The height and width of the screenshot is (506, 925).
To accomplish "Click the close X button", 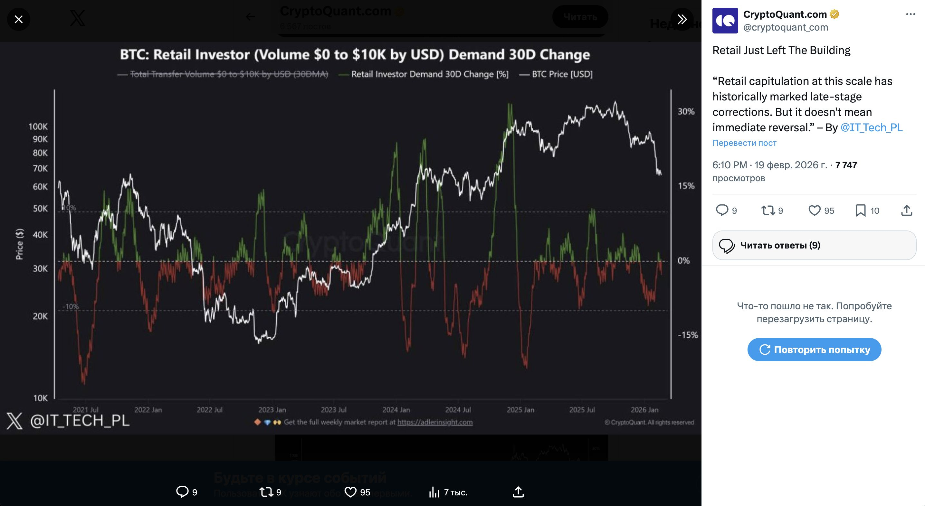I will coord(19,19).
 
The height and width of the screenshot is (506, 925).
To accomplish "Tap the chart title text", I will coord(355,54).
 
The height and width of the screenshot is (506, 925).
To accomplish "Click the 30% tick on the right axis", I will coord(686,112).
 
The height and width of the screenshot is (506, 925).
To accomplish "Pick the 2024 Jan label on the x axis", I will coord(396,410).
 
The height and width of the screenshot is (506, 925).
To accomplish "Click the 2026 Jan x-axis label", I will coord(644,410).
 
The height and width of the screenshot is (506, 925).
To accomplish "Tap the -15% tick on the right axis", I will coord(688,335).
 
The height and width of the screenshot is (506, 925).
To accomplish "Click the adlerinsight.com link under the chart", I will coord(434,422).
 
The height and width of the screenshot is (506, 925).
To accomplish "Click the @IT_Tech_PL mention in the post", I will coord(871,127).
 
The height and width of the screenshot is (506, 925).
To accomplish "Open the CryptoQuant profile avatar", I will coord(725,21).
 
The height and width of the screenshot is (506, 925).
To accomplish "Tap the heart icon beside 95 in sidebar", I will coord(814,210).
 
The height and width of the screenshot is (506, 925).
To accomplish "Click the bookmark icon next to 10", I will coord(860,210).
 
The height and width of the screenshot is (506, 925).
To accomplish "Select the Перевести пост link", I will coord(744,143).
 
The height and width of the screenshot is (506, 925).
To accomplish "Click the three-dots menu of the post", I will coord(910,14).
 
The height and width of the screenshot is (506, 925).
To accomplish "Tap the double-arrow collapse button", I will coord(682,19).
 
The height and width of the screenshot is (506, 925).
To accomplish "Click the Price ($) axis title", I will coord(19,244).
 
